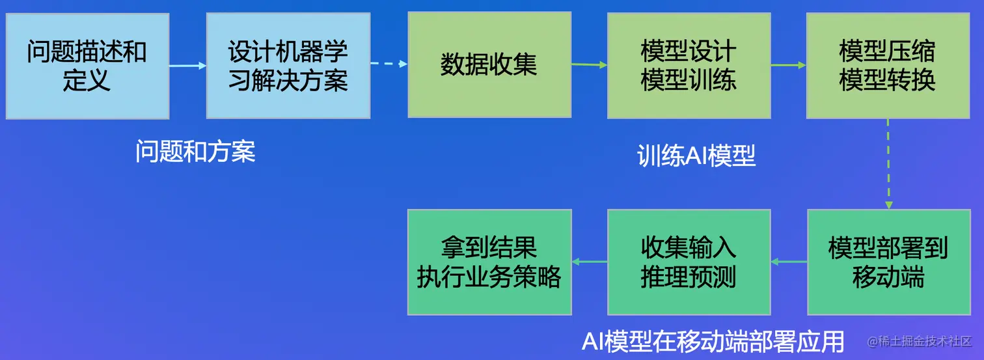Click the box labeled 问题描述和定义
pos(87,66)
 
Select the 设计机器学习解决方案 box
pos(288,66)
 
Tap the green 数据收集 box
pos(489,65)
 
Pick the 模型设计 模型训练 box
pos(689,65)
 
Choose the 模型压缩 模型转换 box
pos(888,65)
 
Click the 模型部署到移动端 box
pos(888,262)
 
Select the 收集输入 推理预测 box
pos(689,262)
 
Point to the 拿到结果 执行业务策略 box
pos(489,262)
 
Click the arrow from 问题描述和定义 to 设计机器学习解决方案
pos(187,66)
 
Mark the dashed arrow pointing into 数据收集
pos(389,64)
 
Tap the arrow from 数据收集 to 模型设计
pos(589,64)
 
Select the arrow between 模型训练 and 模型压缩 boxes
pos(788,65)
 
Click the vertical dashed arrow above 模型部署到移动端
pos(888,163)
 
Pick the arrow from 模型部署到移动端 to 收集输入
pos(789,262)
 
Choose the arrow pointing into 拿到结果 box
pos(589,262)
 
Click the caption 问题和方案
pos(195,152)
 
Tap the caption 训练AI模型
pos(696,156)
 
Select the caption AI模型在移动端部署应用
pos(713,341)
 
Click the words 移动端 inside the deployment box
pos(888,277)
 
